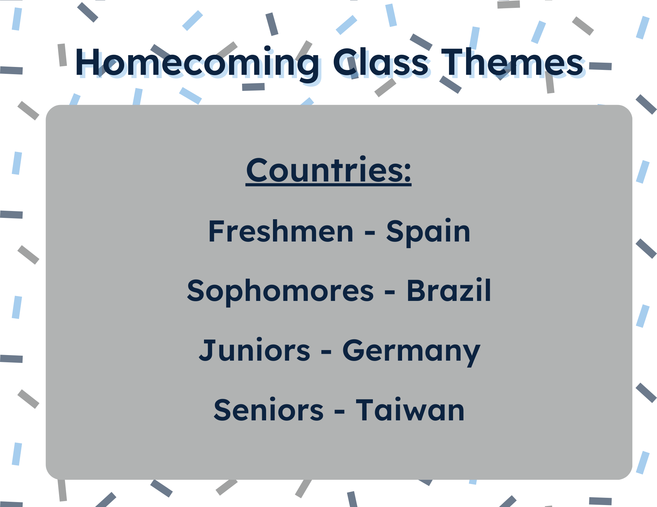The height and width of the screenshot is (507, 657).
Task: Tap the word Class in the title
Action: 381,62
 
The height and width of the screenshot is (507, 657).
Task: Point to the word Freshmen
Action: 281,231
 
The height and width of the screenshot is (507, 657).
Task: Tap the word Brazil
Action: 449,290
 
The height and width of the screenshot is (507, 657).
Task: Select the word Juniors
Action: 255,350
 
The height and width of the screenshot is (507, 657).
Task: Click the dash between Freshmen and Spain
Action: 370,233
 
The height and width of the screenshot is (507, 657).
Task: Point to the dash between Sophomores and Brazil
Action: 390,293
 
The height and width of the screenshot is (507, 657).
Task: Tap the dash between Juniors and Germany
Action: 326,353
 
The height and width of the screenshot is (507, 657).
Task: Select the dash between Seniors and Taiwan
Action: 340,412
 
